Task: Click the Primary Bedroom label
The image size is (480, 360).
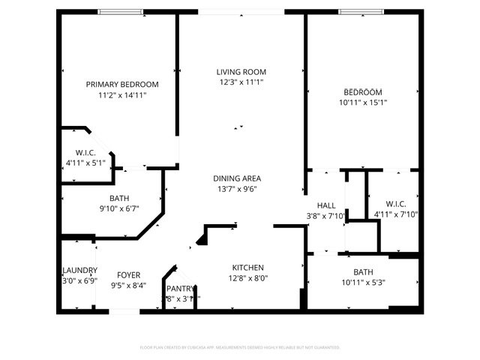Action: point(121,84)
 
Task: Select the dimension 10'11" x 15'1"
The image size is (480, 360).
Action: point(362,102)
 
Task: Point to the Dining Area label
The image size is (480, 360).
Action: point(237,178)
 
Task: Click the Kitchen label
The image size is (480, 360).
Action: point(247,267)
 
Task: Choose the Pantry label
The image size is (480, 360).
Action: point(180,288)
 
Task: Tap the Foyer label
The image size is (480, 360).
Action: point(129,274)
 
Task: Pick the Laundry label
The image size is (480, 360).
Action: point(79,270)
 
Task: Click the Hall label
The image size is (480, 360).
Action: point(326,205)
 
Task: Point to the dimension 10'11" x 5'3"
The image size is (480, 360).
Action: point(363,282)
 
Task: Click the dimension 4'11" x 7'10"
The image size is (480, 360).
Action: point(395,214)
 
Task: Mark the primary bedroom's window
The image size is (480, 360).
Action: point(121,11)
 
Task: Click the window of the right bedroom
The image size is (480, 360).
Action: point(361,11)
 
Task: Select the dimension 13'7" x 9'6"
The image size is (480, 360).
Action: point(237,189)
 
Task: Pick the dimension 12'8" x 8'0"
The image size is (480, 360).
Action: point(247,278)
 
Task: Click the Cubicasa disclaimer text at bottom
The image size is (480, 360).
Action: point(240,347)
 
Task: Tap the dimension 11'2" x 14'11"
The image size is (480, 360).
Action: point(121,95)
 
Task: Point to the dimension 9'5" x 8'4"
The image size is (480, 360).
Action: point(129,285)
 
